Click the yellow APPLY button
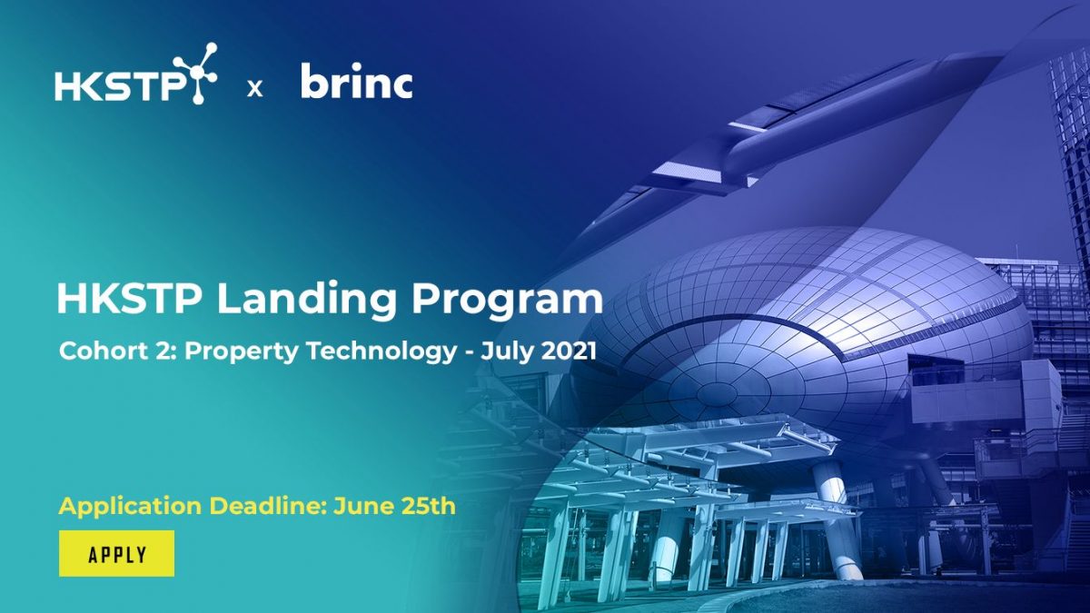[116, 554]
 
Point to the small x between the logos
[255, 88]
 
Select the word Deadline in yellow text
[254, 506]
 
